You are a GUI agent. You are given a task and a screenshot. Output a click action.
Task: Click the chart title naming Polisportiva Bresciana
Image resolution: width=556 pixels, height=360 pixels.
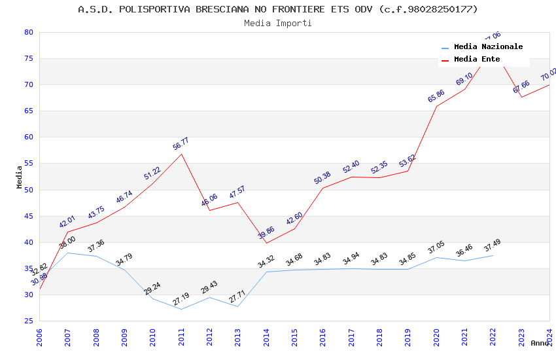click(x=278, y=9)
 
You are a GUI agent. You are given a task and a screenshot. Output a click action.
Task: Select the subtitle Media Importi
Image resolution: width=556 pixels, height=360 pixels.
click(x=278, y=24)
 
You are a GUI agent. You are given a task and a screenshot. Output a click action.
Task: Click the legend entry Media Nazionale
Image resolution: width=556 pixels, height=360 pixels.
click(x=488, y=47)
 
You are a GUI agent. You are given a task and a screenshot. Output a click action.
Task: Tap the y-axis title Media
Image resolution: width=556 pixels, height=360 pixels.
click(x=20, y=177)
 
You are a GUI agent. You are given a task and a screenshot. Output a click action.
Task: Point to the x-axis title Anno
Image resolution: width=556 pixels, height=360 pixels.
click(x=539, y=343)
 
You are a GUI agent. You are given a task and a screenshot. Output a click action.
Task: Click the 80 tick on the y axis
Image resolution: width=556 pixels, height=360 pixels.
click(x=28, y=32)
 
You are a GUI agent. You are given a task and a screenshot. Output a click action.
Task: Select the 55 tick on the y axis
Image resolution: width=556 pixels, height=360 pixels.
click(x=28, y=164)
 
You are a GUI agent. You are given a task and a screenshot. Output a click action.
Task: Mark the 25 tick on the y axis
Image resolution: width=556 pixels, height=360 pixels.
click(x=28, y=321)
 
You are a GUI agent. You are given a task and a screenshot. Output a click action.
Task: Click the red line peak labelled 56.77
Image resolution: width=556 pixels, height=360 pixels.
click(x=181, y=153)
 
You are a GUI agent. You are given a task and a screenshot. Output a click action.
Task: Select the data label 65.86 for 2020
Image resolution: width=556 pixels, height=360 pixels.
click(x=436, y=96)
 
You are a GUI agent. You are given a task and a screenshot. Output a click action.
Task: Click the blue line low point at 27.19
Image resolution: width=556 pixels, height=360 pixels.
click(x=181, y=309)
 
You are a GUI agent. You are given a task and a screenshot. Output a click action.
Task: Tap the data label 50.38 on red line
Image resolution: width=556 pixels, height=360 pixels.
click(x=322, y=178)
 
